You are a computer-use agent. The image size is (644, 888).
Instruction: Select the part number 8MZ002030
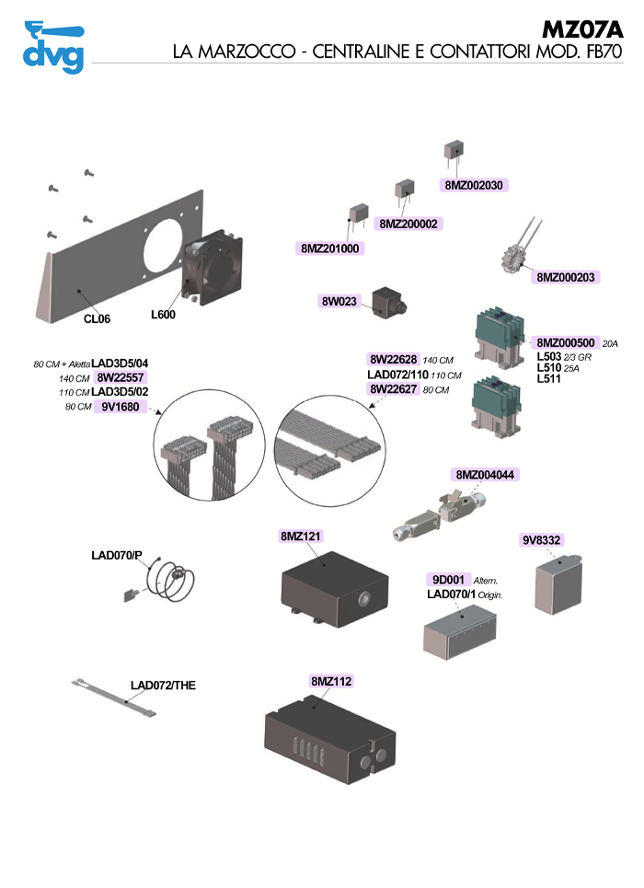[474, 184]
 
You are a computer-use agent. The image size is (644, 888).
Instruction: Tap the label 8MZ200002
[409, 224]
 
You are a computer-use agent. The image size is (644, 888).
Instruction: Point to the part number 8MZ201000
[330, 248]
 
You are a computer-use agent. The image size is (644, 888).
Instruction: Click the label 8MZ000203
[567, 277]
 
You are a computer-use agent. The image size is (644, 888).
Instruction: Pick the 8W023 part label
[339, 301]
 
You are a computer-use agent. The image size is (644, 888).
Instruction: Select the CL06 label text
[97, 318]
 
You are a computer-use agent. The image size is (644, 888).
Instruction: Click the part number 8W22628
[393, 359]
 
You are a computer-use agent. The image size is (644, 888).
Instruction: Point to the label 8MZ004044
[486, 475]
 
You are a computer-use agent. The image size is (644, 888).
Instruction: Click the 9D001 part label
[448, 580]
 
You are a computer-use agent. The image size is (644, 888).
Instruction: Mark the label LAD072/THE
[163, 686]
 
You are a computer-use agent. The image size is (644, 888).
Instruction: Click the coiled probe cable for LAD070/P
[172, 582]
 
